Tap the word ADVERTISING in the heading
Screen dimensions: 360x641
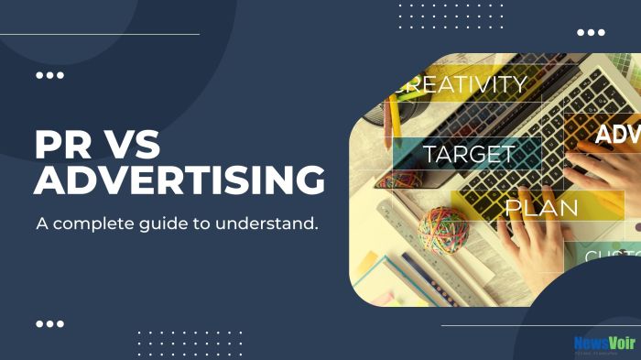(179, 181)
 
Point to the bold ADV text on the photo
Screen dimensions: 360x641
(617, 136)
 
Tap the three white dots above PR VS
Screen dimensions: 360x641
(49, 75)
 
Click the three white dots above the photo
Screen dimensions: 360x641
(591, 32)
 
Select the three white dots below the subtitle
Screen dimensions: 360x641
(49, 323)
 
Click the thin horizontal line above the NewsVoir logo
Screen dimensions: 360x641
(540, 325)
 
